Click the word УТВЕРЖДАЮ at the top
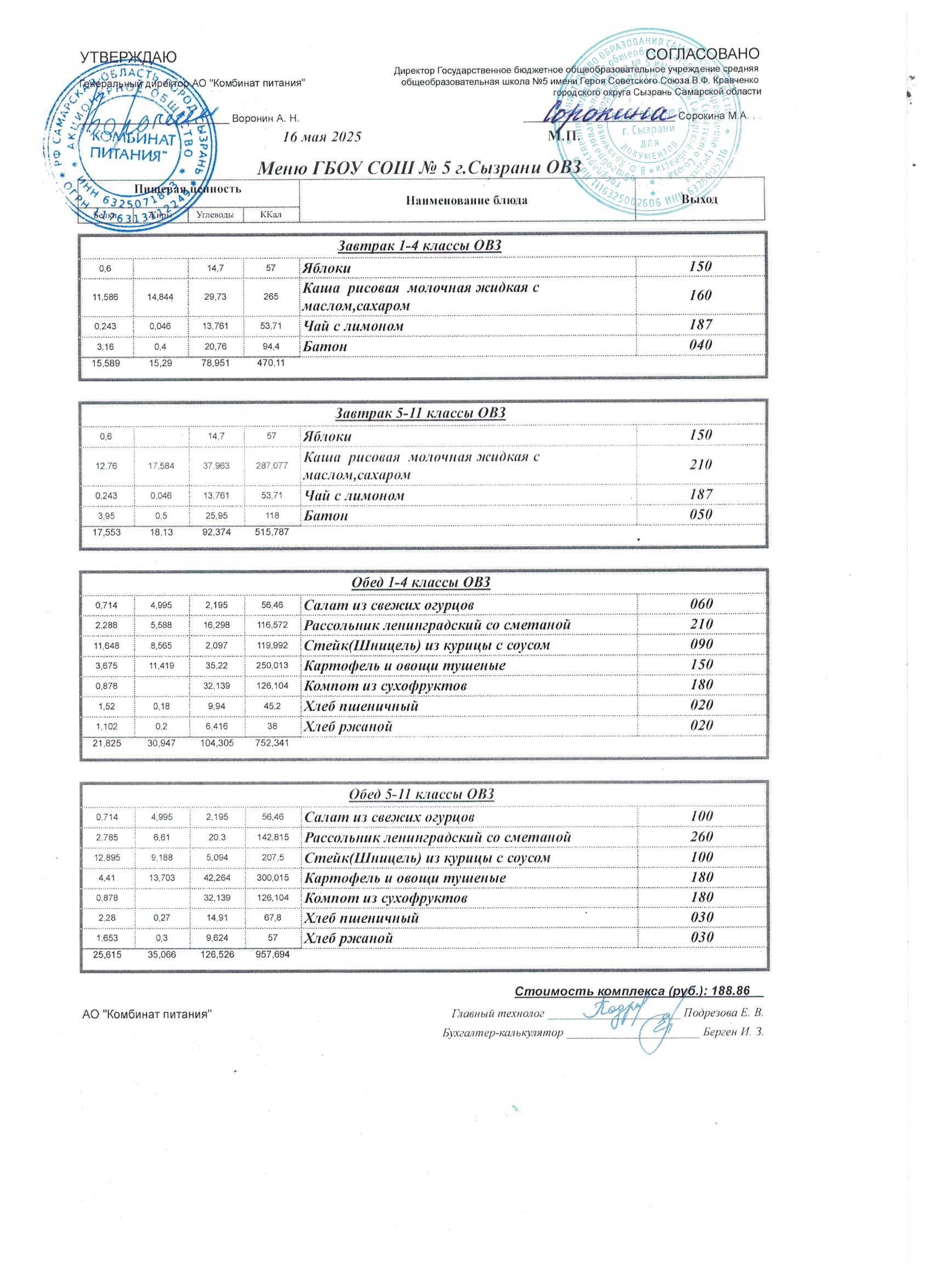pos(129,57)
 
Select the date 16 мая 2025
pos(322,137)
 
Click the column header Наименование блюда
pos(467,200)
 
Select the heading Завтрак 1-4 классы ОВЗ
pos(419,246)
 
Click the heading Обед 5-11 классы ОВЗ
pos(422,794)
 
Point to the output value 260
pos(701,837)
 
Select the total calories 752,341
pos(272,744)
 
